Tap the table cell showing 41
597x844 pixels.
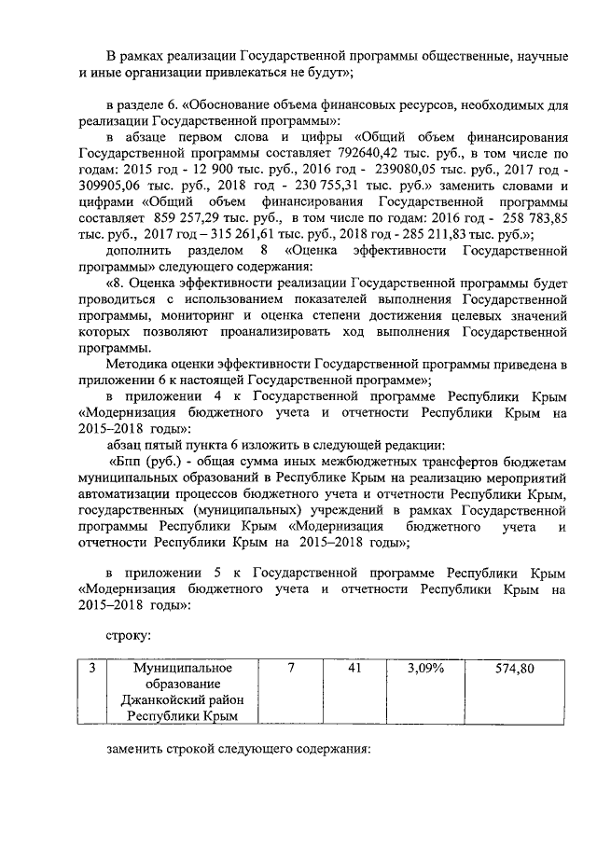pyautogui.click(x=353, y=669)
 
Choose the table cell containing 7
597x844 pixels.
pyautogui.click(x=290, y=669)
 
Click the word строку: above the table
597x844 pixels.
pyautogui.click(x=128, y=634)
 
